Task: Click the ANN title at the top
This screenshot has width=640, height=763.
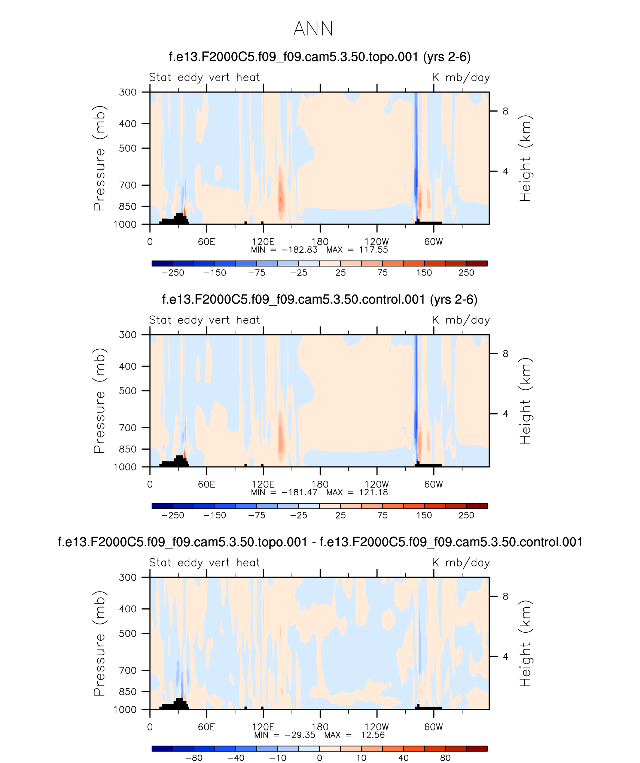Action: click(x=313, y=29)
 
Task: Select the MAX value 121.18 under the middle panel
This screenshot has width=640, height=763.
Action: click(x=373, y=492)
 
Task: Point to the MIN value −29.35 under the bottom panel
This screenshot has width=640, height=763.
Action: click(x=300, y=735)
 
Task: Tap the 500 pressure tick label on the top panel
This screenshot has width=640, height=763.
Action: click(x=128, y=148)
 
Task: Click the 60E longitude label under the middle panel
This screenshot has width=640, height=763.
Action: click(x=207, y=484)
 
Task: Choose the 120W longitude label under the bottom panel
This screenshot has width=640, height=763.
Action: click(x=377, y=727)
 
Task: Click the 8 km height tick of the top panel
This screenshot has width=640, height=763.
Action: click(x=505, y=111)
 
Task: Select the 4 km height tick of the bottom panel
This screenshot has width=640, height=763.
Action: click(x=505, y=656)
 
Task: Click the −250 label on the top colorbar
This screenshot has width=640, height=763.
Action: click(x=173, y=273)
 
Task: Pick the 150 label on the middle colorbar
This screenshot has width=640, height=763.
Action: click(x=424, y=515)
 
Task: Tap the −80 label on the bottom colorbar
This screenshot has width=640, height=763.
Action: click(x=194, y=758)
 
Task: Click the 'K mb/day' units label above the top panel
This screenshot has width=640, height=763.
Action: click(x=461, y=77)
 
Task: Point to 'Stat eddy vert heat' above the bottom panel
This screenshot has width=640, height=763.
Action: click(x=204, y=563)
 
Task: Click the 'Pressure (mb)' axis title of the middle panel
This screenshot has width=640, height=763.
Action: click(x=99, y=401)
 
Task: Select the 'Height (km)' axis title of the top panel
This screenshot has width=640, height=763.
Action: click(x=525, y=158)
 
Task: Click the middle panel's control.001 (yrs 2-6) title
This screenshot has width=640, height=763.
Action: click(x=320, y=300)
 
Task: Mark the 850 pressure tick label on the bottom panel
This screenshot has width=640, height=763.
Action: click(x=128, y=691)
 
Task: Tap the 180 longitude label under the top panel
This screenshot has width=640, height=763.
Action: click(x=320, y=242)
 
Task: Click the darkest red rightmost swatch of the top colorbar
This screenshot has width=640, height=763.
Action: click(x=476, y=264)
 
